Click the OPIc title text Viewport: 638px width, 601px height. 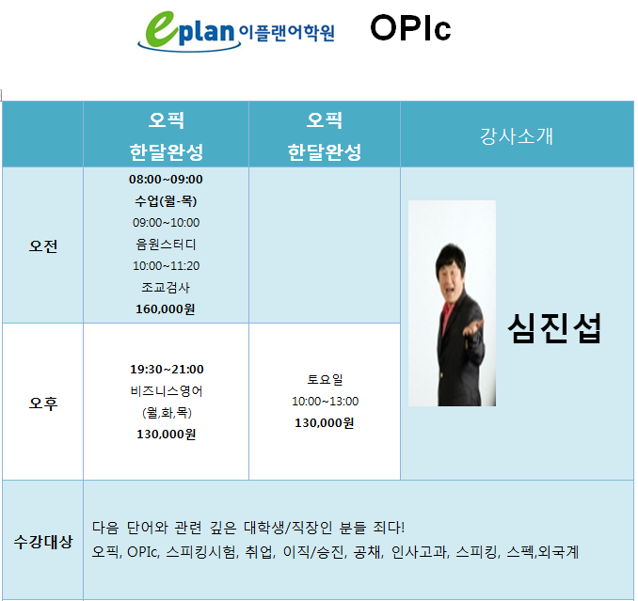tap(410, 28)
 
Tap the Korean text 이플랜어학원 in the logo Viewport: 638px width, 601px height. tap(287, 33)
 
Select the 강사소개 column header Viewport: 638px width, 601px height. tap(517, 135)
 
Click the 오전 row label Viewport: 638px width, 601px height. tap(43, 245)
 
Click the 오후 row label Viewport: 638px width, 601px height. tap(43, 403)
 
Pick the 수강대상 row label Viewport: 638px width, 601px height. tap(43, 541)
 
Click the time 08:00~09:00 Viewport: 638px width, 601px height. tap(166, 180)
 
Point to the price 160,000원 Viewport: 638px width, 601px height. tap(166, 309)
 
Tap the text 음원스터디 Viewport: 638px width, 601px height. tap(166, 244)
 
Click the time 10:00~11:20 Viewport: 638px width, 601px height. tap(166, 266)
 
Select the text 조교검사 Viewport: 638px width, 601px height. tap(166, 288)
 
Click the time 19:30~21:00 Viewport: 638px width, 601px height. tap(167, 370)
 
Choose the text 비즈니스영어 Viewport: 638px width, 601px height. tap(167, 390)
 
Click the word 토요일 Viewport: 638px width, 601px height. tap(325, 379)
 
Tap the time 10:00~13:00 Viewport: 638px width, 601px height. tap(325, 402)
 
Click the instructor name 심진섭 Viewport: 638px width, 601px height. tap(554, 328)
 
